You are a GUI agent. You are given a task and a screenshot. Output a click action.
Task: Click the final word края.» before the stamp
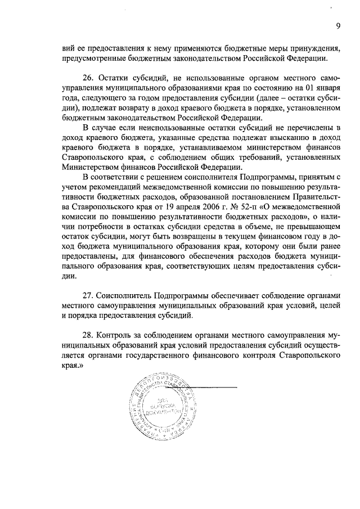click(73, 366)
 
